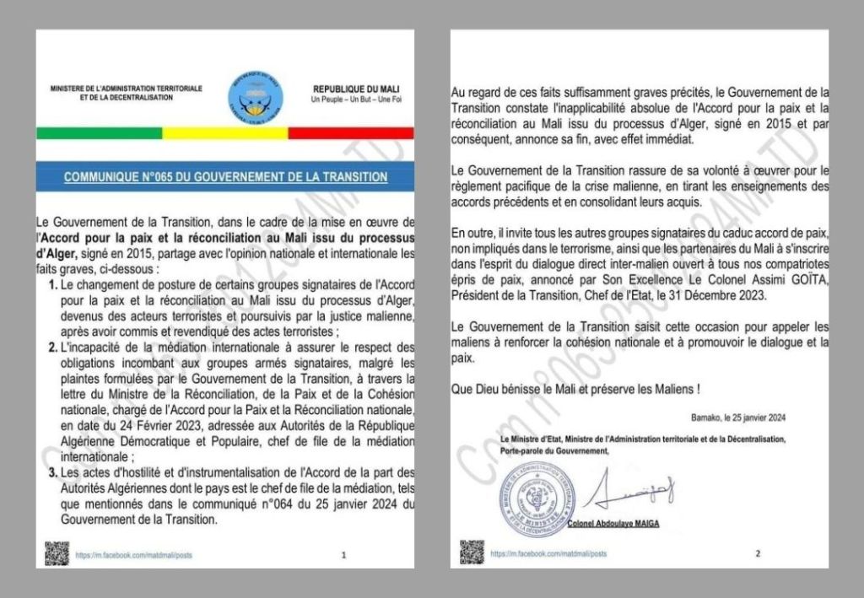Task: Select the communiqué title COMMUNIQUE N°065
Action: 225,177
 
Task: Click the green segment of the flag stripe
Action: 100,133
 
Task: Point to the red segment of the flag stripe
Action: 350,133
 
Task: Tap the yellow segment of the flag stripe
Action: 225,133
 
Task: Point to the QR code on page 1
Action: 57,553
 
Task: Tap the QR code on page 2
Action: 472,553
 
